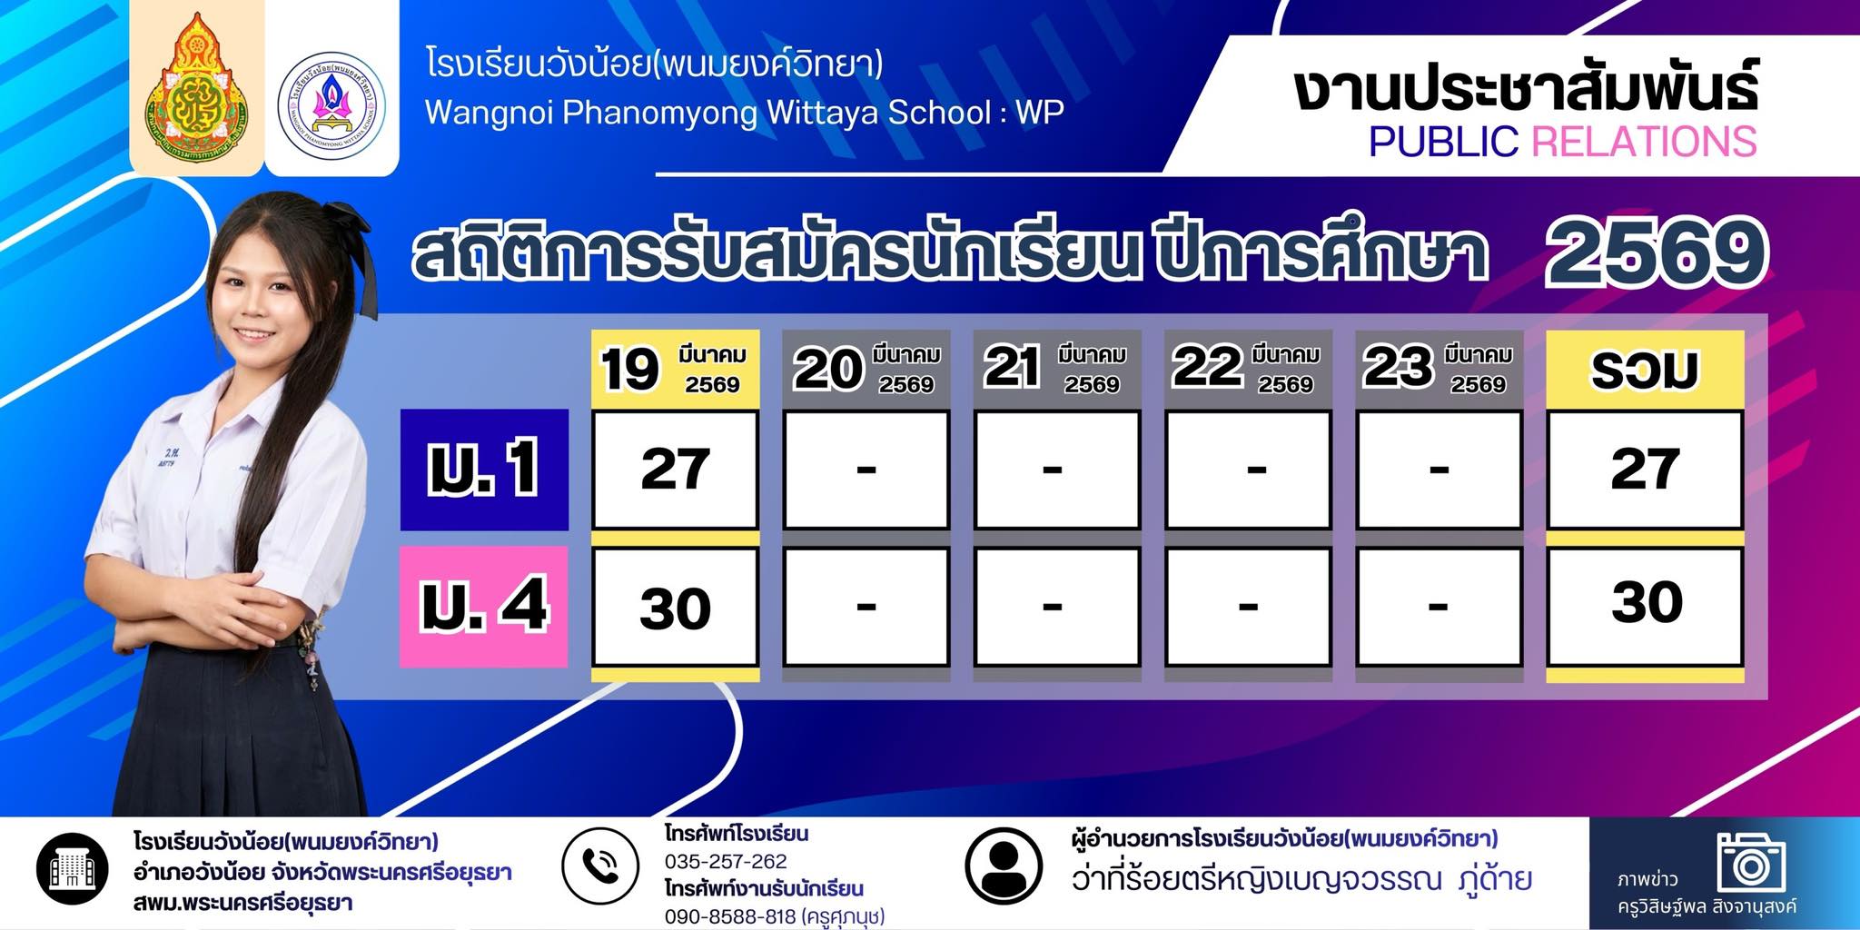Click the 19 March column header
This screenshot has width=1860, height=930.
676,369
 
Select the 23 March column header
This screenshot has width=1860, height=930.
1439,369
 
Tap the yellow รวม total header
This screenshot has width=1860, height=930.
1645,369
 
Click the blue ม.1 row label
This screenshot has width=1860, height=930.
484,469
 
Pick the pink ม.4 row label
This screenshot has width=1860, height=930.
484,606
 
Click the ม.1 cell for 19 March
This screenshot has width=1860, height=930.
675,470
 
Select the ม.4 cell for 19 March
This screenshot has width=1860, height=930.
675,607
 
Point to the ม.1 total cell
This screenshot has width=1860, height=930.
1645,470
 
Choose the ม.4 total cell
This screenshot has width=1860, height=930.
1645,607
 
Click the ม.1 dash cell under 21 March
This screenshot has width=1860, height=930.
1057,470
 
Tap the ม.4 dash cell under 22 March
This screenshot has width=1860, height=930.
1248,607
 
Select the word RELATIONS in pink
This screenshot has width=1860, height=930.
1644,142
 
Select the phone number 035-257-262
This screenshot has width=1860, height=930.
726,861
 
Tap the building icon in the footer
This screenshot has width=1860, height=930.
73,869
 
